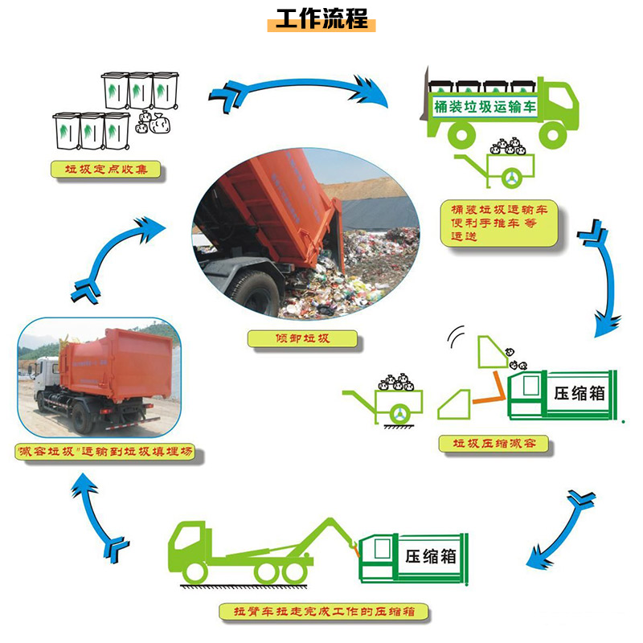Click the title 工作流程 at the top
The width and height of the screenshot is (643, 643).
click(322, 18)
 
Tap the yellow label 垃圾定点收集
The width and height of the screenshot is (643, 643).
click(105, 170)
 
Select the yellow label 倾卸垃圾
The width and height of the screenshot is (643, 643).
click(302, 338)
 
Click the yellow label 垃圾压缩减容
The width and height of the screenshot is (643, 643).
click(494, 444)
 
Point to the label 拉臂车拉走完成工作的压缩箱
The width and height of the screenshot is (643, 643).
click(324, 612)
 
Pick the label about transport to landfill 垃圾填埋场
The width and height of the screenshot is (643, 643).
click(104, 452)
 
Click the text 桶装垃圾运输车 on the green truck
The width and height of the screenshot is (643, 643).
click(485, 107)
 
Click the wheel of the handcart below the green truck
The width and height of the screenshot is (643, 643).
click(512, 178)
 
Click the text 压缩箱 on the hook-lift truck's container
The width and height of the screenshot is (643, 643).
click(431, 556)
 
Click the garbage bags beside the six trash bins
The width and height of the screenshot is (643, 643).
click(153, 123)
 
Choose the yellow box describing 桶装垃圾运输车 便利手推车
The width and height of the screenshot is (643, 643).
click(499, 223)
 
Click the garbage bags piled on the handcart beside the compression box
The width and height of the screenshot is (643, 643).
click(396, 383)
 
